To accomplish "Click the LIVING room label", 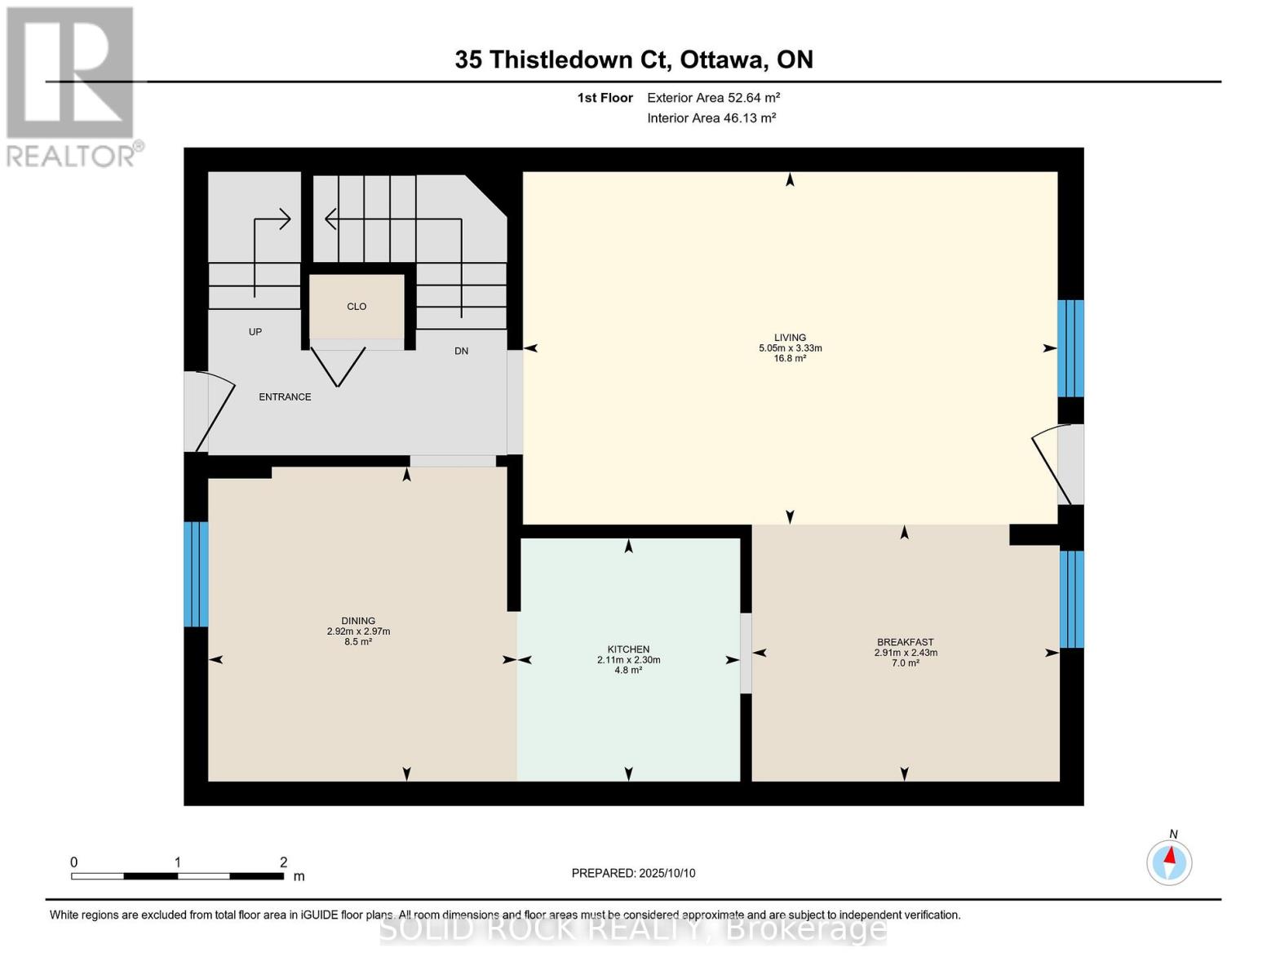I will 790,337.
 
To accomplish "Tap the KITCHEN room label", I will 628,649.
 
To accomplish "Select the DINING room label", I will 358,621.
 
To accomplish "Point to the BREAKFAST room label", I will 906,642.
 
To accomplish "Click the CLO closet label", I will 357,307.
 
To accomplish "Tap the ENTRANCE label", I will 285,397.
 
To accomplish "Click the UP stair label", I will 255,332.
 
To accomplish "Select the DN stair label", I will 461,351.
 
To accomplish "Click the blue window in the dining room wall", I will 197,574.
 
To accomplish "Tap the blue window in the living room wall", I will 1070,348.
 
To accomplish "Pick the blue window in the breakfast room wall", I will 1071,599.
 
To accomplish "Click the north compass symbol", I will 1169,862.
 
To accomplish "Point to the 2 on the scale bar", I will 283,862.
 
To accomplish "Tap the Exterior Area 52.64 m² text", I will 713,98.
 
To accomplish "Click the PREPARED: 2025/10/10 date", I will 633,873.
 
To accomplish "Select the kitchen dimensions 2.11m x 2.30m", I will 628,660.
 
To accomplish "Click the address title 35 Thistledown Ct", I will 563,60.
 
